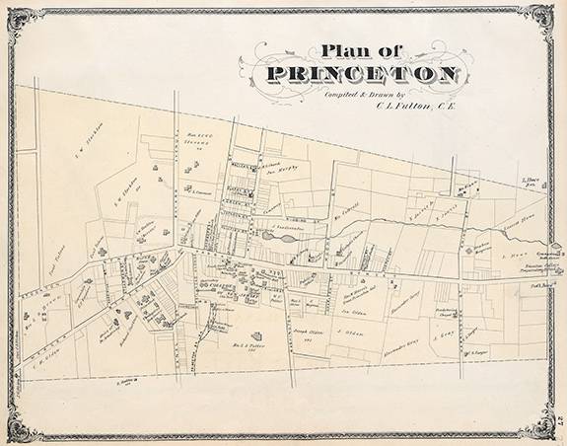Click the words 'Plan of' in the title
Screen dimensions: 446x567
349,51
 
